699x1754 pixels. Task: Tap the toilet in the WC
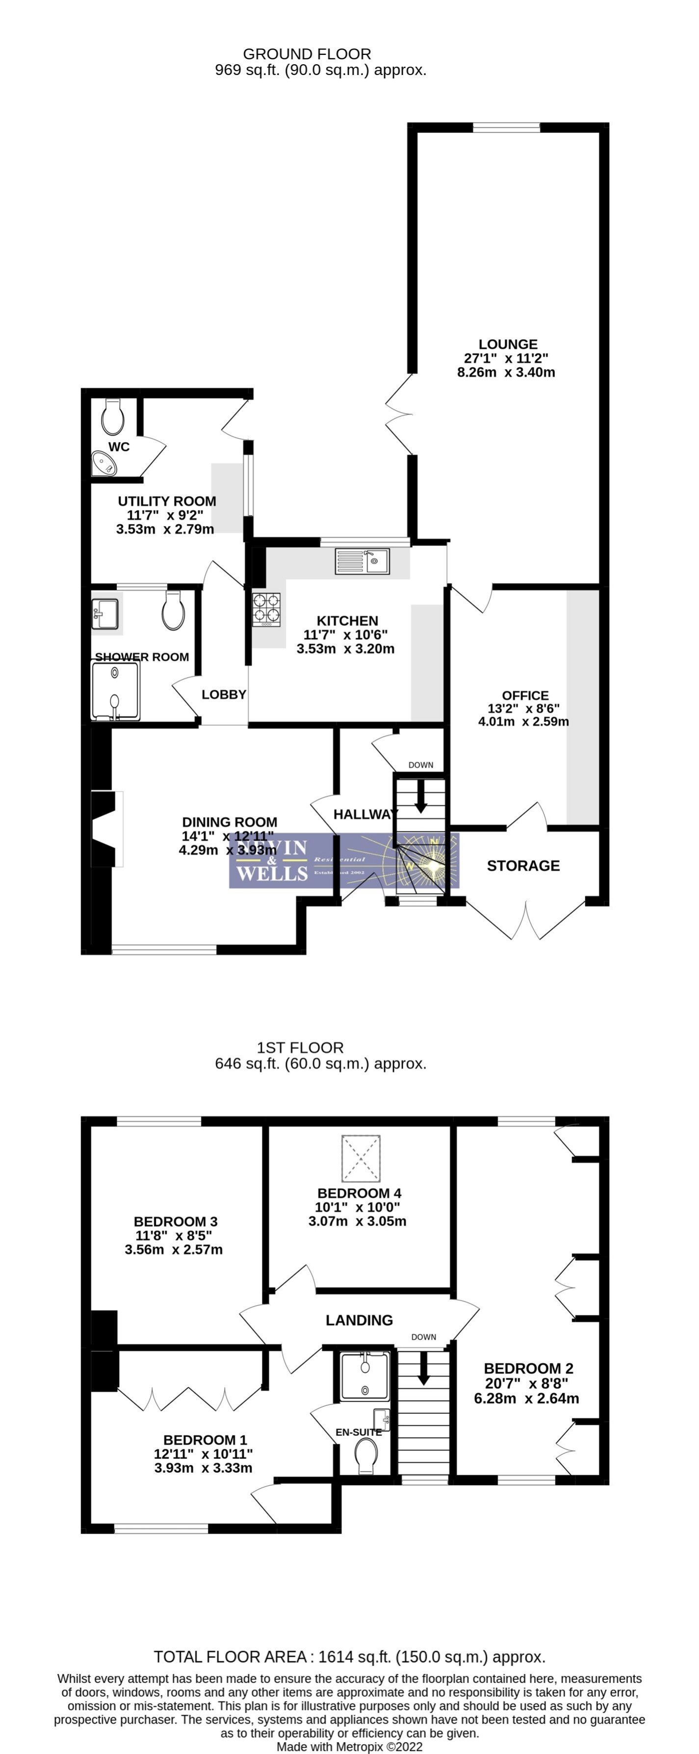112,416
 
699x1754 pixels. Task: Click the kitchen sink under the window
362,561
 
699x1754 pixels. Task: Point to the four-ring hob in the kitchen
266,609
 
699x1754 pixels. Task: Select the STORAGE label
523,865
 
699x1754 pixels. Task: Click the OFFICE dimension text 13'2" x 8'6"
523,708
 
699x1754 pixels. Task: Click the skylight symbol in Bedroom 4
361,1158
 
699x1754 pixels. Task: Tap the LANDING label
359,1320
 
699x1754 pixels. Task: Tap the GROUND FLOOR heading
307,54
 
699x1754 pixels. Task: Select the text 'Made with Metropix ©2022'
349,1747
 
